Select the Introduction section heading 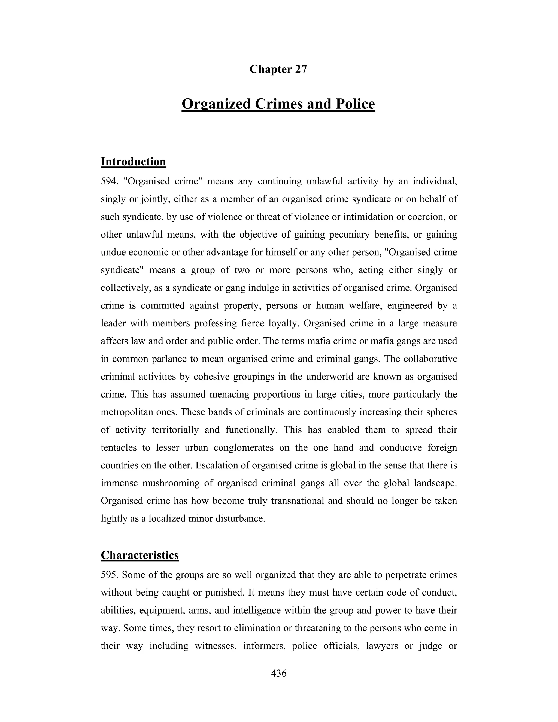[133, 162]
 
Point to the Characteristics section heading [139, 555]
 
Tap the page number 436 [279, 673]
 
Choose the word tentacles [119, 447]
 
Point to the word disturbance [240, 518]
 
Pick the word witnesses [215, 646]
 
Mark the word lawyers [382, 646]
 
